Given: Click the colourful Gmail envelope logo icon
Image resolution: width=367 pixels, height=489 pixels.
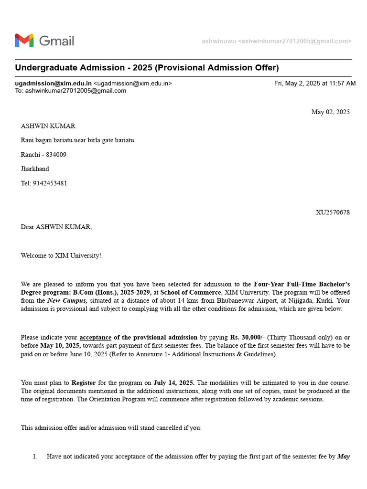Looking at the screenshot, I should click(x=24, y=41).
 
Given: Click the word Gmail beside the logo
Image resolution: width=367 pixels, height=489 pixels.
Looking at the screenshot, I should click(x=56, y=41).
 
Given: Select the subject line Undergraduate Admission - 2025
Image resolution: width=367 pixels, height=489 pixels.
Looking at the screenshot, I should click(x=147, y=67).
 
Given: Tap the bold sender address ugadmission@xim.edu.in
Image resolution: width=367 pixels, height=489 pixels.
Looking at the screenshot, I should click(x=53, y=83).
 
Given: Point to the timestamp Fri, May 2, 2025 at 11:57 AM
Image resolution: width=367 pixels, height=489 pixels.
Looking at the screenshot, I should click(x=314, y=83).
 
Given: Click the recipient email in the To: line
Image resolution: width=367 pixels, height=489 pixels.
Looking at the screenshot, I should click(x=76, y=90).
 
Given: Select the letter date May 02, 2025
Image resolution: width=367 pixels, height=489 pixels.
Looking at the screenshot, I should click(x=330, y=112).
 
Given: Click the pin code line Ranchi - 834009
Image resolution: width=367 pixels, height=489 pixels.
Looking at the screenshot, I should click(x=43, y=154).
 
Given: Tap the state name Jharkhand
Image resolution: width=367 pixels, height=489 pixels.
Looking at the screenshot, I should click(x=35, y=169).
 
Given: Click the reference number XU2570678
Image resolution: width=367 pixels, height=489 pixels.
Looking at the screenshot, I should click(x=333, y=212).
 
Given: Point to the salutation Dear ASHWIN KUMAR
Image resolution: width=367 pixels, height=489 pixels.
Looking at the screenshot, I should click(x=56, y=227).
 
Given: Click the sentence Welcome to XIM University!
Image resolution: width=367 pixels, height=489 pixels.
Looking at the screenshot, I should click(x=61, y=255).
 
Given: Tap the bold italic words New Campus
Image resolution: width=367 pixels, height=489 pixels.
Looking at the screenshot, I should click(x=67, y=300).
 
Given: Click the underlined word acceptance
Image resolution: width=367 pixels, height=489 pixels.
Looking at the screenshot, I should click(x=95, y=338).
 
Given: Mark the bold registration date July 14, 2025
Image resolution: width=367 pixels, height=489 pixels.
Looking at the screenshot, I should click(x=174, y=383).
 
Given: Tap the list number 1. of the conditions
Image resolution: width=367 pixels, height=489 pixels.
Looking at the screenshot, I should click(x=35, y=457).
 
